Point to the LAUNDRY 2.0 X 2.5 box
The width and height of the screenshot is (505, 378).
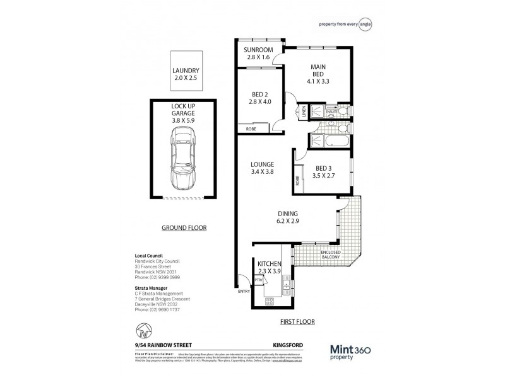[186, 74]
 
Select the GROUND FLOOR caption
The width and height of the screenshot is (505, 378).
[184, 228]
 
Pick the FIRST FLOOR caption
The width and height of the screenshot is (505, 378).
[299, 321]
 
